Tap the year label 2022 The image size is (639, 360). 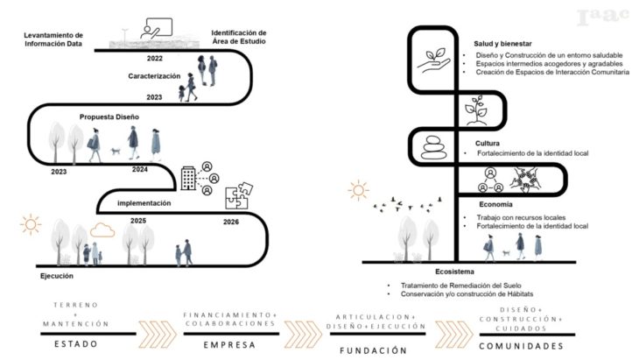[x=155, y=59]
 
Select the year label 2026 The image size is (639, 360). [x=230, y=222]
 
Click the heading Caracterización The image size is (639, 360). [x=153, y=76]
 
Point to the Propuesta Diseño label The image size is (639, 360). [x=109, y=116]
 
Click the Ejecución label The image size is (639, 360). [x=39, y=276]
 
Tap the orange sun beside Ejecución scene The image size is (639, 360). [x=31, y=225]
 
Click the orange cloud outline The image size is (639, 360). [x=102, y=230]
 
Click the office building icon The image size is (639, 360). [x=187, y=178]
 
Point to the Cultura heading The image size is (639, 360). [x=488, y=142]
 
